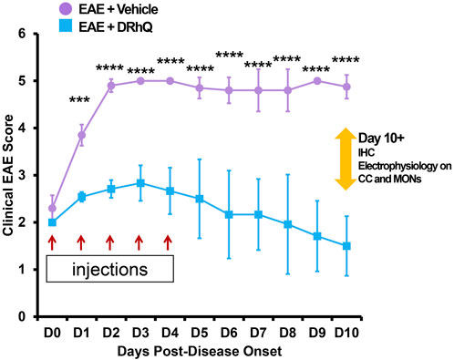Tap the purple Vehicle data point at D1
click(x=81, y=135)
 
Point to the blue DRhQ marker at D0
click(x=52, y=222)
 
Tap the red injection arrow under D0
click(x=52, y=242)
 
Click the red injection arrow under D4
click(x=169, y=242)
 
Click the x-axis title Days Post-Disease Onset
click(x=197, y=349)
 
